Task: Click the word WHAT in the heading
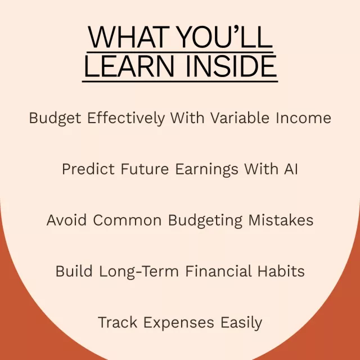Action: pyautogui.click(x=129, y=37)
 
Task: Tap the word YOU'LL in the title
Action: pyautogui.click(x=225, y=37)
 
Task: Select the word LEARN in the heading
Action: pyautogui.click(x=129, y=66)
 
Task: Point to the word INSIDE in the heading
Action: pyautogui.click(x=231, y=66)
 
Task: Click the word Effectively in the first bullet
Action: pyautogui.click(x=126, y=118)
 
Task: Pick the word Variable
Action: pyautogui.click(x=240, y=118)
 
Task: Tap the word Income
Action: pyautogui.click(x=303, y=118)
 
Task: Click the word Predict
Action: pyautogui.click(x=88, y=169)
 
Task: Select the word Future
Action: pyautogui.click(x=145, y=169)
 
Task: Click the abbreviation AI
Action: pyautogui.click(x=291, y=169)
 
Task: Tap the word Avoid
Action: pyautogui.click(x=66, y=220)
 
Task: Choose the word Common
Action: pyautogui.click(x=127, y=220)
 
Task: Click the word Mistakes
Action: pyautogui.click(x=281, y=220)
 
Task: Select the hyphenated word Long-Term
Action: pyautogui.click(x=139, y=272)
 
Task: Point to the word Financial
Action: pyautogui.click(x=218, y=271)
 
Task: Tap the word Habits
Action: pyautogui.click(x=281, y=271)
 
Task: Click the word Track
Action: pyautogui.click(x=118, y=322)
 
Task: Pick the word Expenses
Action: pyautogui.click(x=179, y=323)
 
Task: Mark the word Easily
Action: pyautogui.click(x=241, y=323)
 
